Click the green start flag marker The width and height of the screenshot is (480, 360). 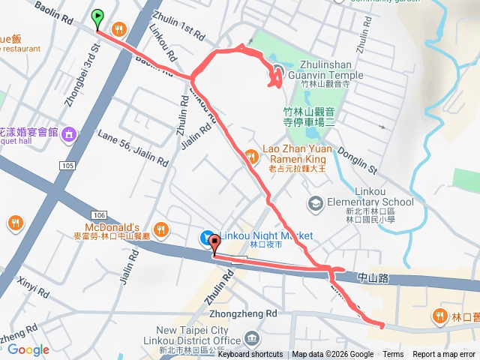click(x=97, y=19)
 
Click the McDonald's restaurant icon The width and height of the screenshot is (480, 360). click(x=160, y=229)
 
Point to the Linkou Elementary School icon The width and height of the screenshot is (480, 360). click(x=316, y=203)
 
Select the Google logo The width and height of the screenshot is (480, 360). click(x=28, y=349)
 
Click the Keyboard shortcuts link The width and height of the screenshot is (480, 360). click(x=250, y=355)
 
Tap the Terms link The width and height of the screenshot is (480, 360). click(x=393, y=355)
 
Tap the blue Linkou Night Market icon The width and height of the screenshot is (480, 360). click(x=207, y=238)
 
